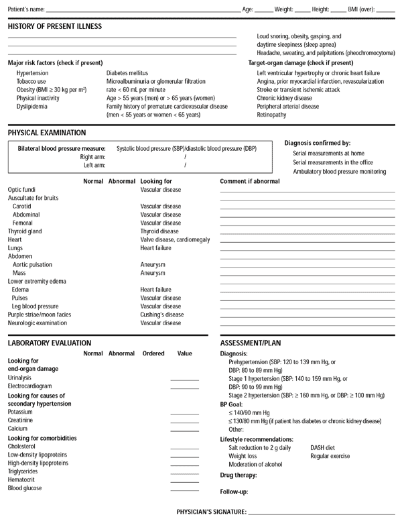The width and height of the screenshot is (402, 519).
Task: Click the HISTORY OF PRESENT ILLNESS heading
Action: tap(54, 26)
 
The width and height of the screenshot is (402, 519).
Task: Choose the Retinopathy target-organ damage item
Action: tap(271, 115)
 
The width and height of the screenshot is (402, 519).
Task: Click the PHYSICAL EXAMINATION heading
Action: tap(46, 133)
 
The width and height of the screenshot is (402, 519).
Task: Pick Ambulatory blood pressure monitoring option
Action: tap(339, 172)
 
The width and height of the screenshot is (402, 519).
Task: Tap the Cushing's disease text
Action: tap(161, 314)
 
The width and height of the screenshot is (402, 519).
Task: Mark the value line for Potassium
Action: tap(185, 412)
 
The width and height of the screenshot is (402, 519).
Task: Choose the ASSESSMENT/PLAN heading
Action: tap(255, 342)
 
